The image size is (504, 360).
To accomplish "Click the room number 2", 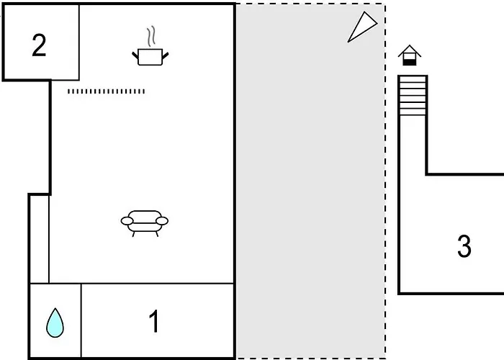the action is coord(39,45).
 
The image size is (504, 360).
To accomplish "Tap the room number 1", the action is coord(154,321).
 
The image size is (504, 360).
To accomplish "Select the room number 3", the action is coord(464,246).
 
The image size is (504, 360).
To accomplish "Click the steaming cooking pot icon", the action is coord(150,46).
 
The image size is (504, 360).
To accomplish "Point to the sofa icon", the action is coord(145,223).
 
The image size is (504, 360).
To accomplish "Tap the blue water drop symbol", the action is coord(55,323).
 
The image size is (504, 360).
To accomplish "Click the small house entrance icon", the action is coord(410,55).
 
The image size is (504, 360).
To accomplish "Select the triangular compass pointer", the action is coord(362,27).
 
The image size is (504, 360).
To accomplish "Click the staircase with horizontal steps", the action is coord(413,96).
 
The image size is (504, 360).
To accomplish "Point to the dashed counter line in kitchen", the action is coord(106,91).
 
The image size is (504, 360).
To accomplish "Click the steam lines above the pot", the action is coord(151,36).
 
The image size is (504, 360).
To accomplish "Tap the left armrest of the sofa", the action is coord(127,221).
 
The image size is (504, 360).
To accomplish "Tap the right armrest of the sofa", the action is coord(162,221).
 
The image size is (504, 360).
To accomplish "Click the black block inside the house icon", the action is coord(410,63).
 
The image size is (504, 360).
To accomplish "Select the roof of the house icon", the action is coord(410,50).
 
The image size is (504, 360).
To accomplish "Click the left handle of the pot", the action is coord(135,55).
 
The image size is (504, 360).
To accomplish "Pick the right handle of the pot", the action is coord(166,55).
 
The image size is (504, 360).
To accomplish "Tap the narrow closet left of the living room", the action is coord(40,239).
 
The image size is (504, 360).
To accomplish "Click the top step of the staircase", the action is coord(413,79).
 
